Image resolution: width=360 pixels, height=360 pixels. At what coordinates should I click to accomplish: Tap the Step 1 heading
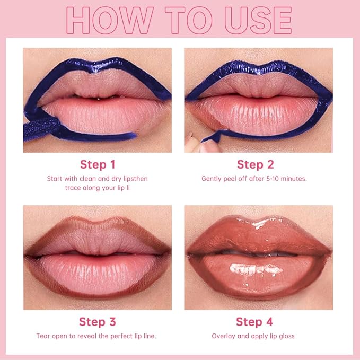tap(98, 164)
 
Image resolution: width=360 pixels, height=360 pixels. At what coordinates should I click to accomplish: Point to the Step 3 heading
tap(98, 322)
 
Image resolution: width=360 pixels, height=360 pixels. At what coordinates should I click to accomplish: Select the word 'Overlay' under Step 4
tap(223, 336)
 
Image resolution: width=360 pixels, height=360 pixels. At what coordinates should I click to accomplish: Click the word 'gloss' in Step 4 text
tap(286, 336)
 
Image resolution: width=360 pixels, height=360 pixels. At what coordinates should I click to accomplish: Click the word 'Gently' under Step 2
tap(212, 179)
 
